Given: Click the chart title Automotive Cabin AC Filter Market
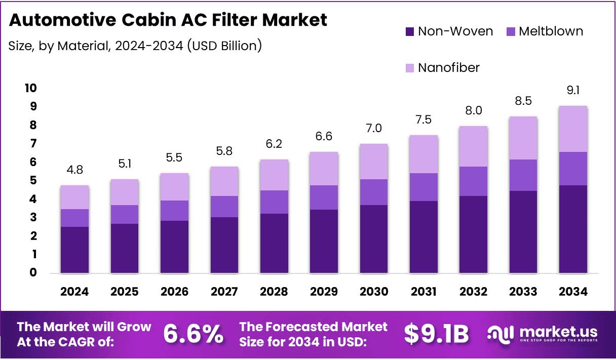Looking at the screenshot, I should pos(168,20).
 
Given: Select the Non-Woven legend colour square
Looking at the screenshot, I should pos(410,31).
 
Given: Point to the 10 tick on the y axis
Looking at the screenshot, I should pos(30,88).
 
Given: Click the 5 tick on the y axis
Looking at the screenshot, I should pos(33,181).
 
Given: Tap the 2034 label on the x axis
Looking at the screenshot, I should pos(573,292).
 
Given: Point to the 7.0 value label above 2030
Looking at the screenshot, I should pos(373,129).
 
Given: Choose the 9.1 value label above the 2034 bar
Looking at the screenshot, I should pos(573,91).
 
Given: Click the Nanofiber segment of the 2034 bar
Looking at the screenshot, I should pos(573,129).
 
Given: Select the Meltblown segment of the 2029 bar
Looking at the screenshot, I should pos(324,197).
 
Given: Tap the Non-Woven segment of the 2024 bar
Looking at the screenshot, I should pos(74,250).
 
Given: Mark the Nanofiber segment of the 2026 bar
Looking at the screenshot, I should pos(174,186).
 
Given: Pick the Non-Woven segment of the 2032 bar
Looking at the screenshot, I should pos(473,234).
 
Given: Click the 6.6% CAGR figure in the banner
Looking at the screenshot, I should pos(193,334).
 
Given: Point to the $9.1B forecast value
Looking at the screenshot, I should pos(436,334).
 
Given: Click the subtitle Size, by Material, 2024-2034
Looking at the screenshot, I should pos(135,46).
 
